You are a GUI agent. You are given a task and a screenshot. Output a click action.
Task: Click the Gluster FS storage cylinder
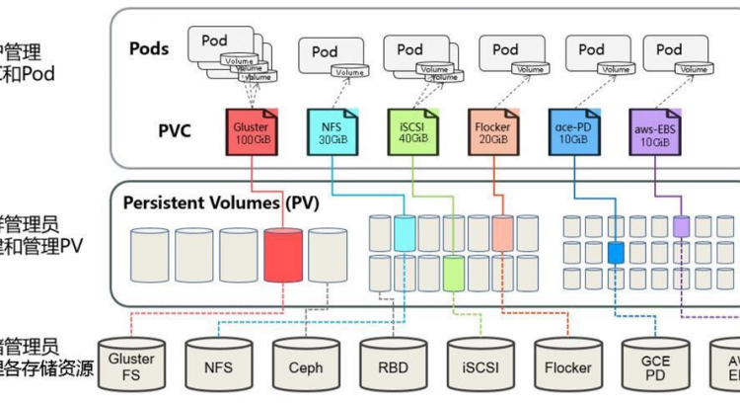tap(131, 366)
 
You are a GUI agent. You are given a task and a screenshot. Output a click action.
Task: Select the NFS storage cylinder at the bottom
tap(218, 367)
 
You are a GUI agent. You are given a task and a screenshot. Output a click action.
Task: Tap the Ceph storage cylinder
tap(306, 367)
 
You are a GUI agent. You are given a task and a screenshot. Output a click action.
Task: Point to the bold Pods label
tap(149, 48)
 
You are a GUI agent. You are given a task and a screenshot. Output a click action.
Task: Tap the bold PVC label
tap(175, 130)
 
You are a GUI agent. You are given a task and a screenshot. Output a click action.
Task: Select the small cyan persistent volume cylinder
tap(405, 232)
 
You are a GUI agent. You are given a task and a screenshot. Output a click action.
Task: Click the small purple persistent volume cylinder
tap(681, 226)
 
